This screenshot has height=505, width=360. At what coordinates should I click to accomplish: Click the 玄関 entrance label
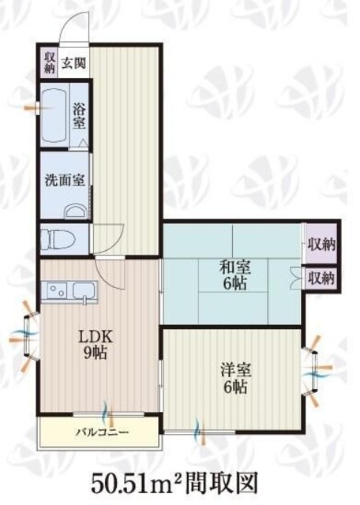point(74,63)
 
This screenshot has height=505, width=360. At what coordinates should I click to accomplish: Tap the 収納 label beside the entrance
point(49,63)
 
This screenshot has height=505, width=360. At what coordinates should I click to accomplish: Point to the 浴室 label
point(79,116)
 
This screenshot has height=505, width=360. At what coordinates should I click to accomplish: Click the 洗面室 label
point(65,181)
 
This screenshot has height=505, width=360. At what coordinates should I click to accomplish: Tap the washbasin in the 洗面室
point(76,211)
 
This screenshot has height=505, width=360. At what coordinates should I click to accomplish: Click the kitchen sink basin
point(84,290)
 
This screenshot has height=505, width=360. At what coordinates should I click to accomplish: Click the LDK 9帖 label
point(96,344)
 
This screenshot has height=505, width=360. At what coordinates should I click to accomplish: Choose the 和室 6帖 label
point(235,275)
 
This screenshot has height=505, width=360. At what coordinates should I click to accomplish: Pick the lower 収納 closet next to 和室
point(321,278)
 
